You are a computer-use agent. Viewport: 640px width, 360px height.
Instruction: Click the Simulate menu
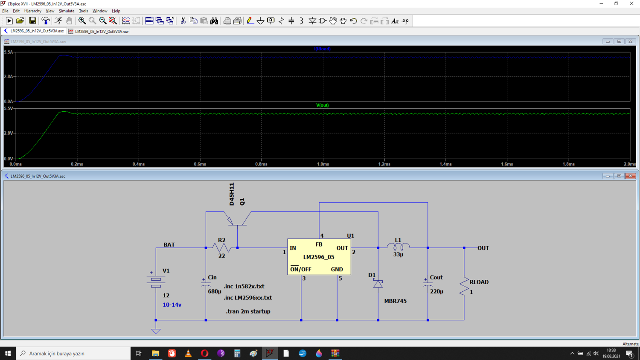[x=66, y=11]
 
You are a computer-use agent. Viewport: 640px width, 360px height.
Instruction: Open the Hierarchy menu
[x=32, y=11]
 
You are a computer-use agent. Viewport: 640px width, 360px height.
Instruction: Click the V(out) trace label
[x=322, y=105]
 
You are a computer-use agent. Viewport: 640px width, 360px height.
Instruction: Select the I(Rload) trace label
[x=322, y=49]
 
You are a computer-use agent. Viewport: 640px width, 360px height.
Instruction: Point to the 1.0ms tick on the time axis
[x=323, y=164]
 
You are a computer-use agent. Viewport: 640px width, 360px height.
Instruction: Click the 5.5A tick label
[x=8, y=52]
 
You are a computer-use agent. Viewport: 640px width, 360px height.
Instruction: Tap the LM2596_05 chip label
[x=319, y=257]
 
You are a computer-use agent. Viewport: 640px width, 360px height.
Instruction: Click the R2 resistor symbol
[x=222, y=248]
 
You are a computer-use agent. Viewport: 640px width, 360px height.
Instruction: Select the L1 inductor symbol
[x=398, y=246]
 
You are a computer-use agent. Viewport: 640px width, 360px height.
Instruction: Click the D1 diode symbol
[x=378, y=283]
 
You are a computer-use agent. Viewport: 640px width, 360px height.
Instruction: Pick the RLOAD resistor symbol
[x=464, y=286]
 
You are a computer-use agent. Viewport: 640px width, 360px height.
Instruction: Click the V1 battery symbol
[x=156, y=281]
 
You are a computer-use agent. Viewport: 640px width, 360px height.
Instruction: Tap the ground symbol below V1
[x=156, y=331]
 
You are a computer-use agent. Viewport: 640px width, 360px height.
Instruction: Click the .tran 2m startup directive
[x=248, y=311]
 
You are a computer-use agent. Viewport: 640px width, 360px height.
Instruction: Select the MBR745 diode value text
[x=395, y=301]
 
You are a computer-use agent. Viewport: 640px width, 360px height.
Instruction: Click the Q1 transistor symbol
[x=237, y=218]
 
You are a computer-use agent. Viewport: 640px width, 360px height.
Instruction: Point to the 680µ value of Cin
[x=215, y=291]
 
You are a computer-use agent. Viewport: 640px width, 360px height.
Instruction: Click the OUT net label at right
[x=483, y=248]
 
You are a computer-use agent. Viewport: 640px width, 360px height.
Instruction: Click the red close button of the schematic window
[x=630, y=176]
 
